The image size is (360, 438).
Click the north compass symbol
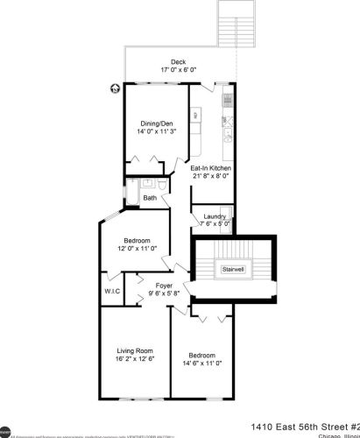(115, 88)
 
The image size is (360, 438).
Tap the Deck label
(179, 62)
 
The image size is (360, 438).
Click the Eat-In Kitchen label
(210, 167)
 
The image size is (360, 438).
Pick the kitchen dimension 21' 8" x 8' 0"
(210, 176)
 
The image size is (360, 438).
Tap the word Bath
(151, 198)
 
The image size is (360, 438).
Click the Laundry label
(215, 216)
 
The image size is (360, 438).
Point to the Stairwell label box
(233, 268)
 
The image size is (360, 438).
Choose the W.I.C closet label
(111, 291)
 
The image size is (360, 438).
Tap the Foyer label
(162, 286)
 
